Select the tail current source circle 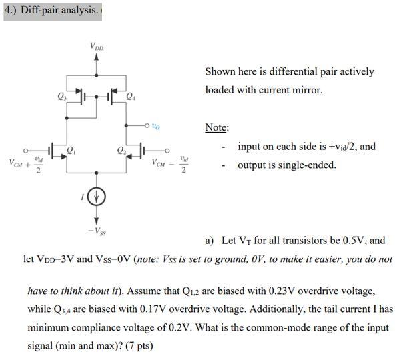(97, 196)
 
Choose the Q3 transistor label (62, 97)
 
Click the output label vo (155, 125)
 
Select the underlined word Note (216, 127)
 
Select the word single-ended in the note (303, 165)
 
